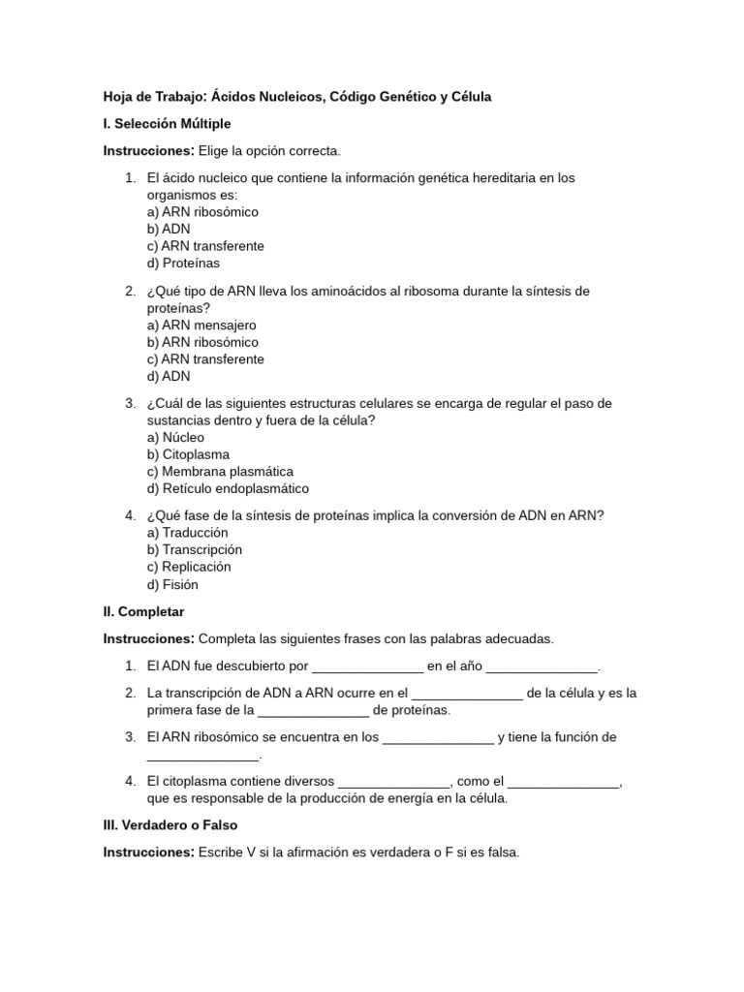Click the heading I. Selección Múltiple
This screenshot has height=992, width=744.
(x=167, y=124)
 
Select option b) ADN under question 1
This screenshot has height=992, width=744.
(x=169, y=229)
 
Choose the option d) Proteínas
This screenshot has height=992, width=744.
(x=183, y=263)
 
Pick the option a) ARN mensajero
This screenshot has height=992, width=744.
(x=201, y=325)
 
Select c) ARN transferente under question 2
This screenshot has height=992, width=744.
(x=205, y=358)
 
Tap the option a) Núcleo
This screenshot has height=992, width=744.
(x=175, y=438)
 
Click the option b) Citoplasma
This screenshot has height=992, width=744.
(x=188, y=454)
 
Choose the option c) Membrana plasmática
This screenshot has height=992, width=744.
(x=220, y=472)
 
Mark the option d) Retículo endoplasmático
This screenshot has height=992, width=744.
(x=228, y=488)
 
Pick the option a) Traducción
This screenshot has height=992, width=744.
(x=187, y=533)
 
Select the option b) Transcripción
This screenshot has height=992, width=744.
(x=195, y=549)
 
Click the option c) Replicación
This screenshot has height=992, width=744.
(x=189, y=567)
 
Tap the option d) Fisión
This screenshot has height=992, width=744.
(x=172, y=584)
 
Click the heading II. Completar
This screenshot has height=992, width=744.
(x=143, y=612)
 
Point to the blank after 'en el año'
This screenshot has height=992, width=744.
(x=542, y=666)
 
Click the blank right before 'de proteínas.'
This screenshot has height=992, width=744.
(x=313, y=710)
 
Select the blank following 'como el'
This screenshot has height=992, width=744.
(x=563, y=782)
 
